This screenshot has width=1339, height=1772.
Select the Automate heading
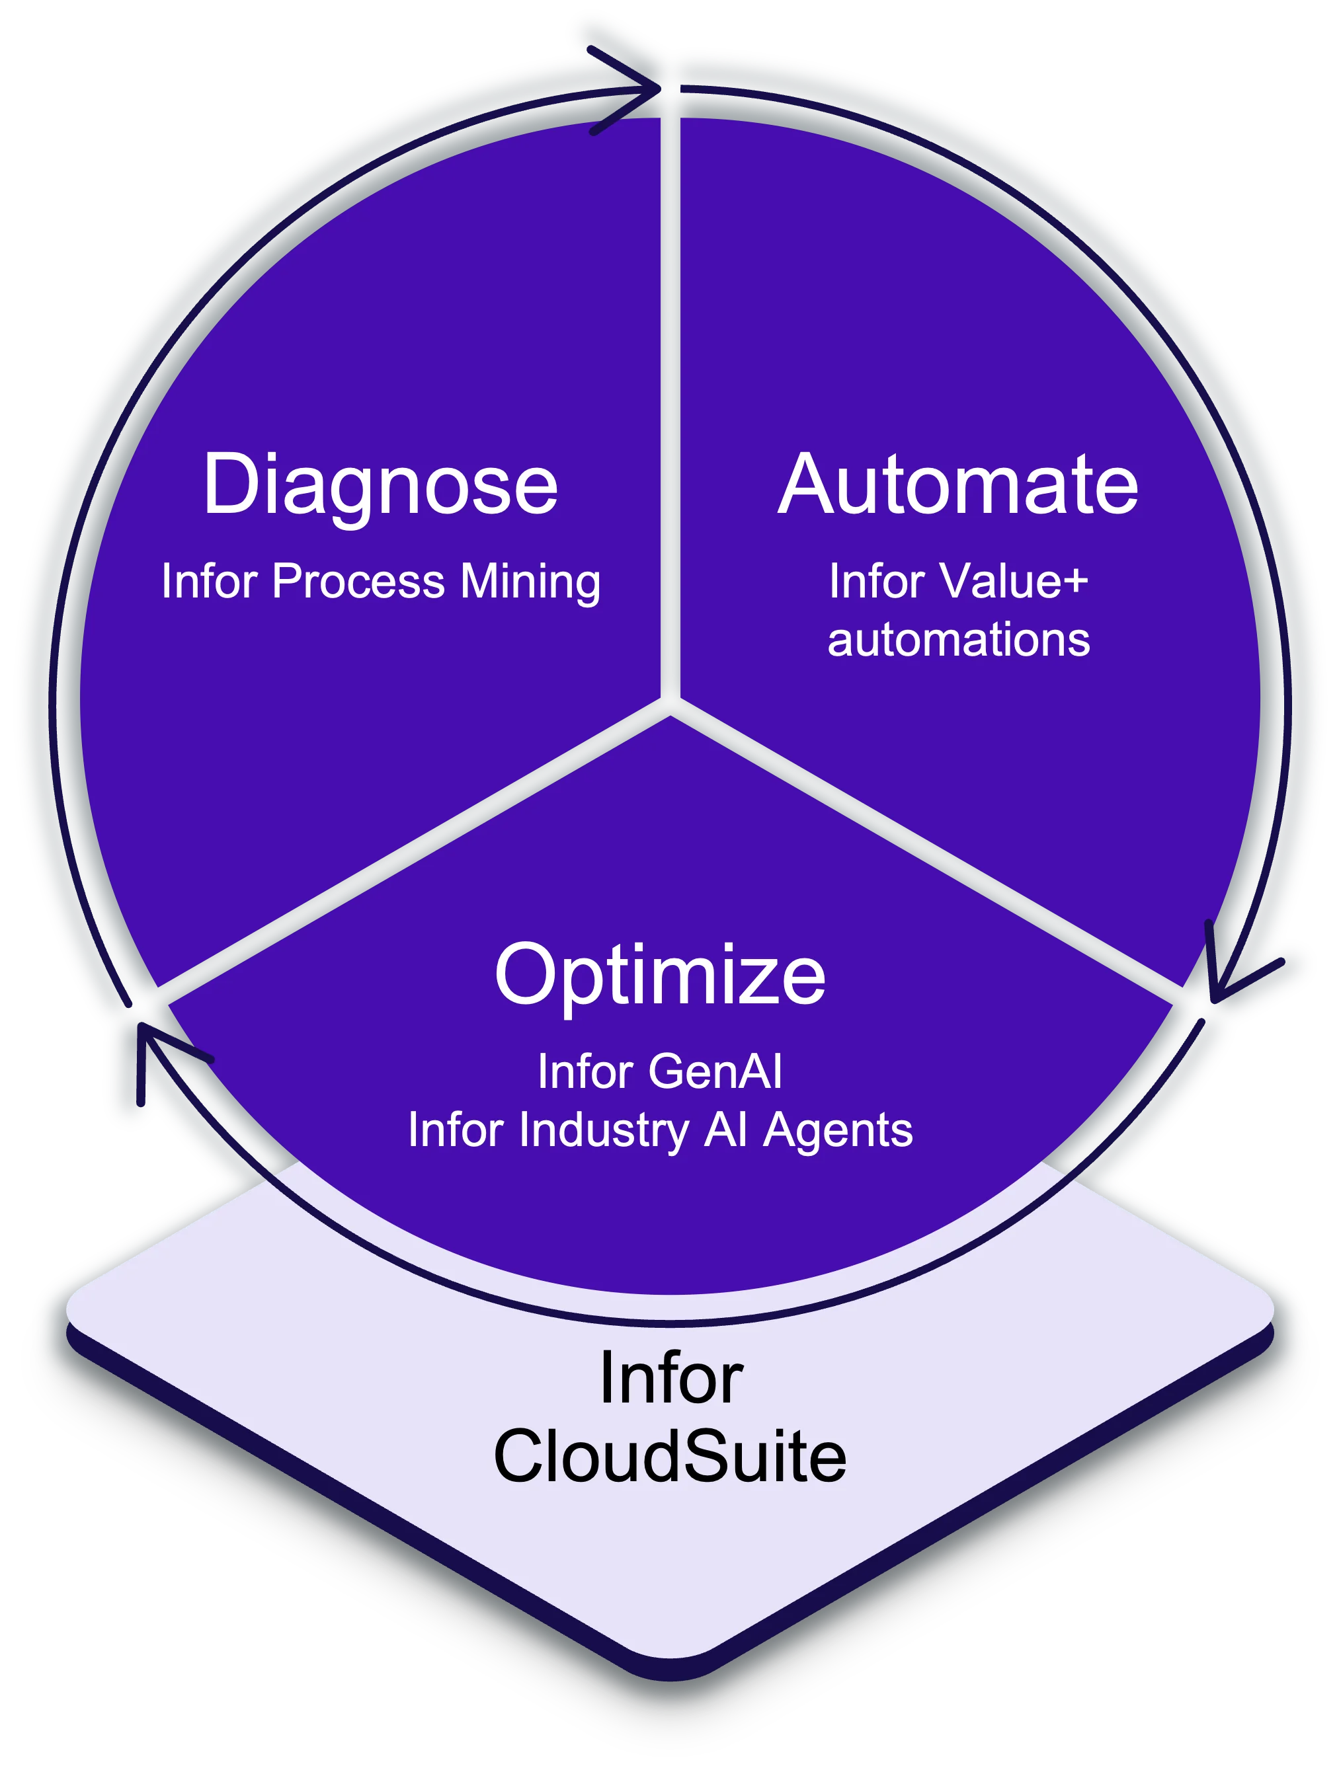tap(957, 484)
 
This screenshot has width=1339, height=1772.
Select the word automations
tap(958, 640)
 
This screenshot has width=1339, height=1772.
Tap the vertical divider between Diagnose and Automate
tap(670, 401)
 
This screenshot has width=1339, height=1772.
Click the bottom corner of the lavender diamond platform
tap(670, 1658)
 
